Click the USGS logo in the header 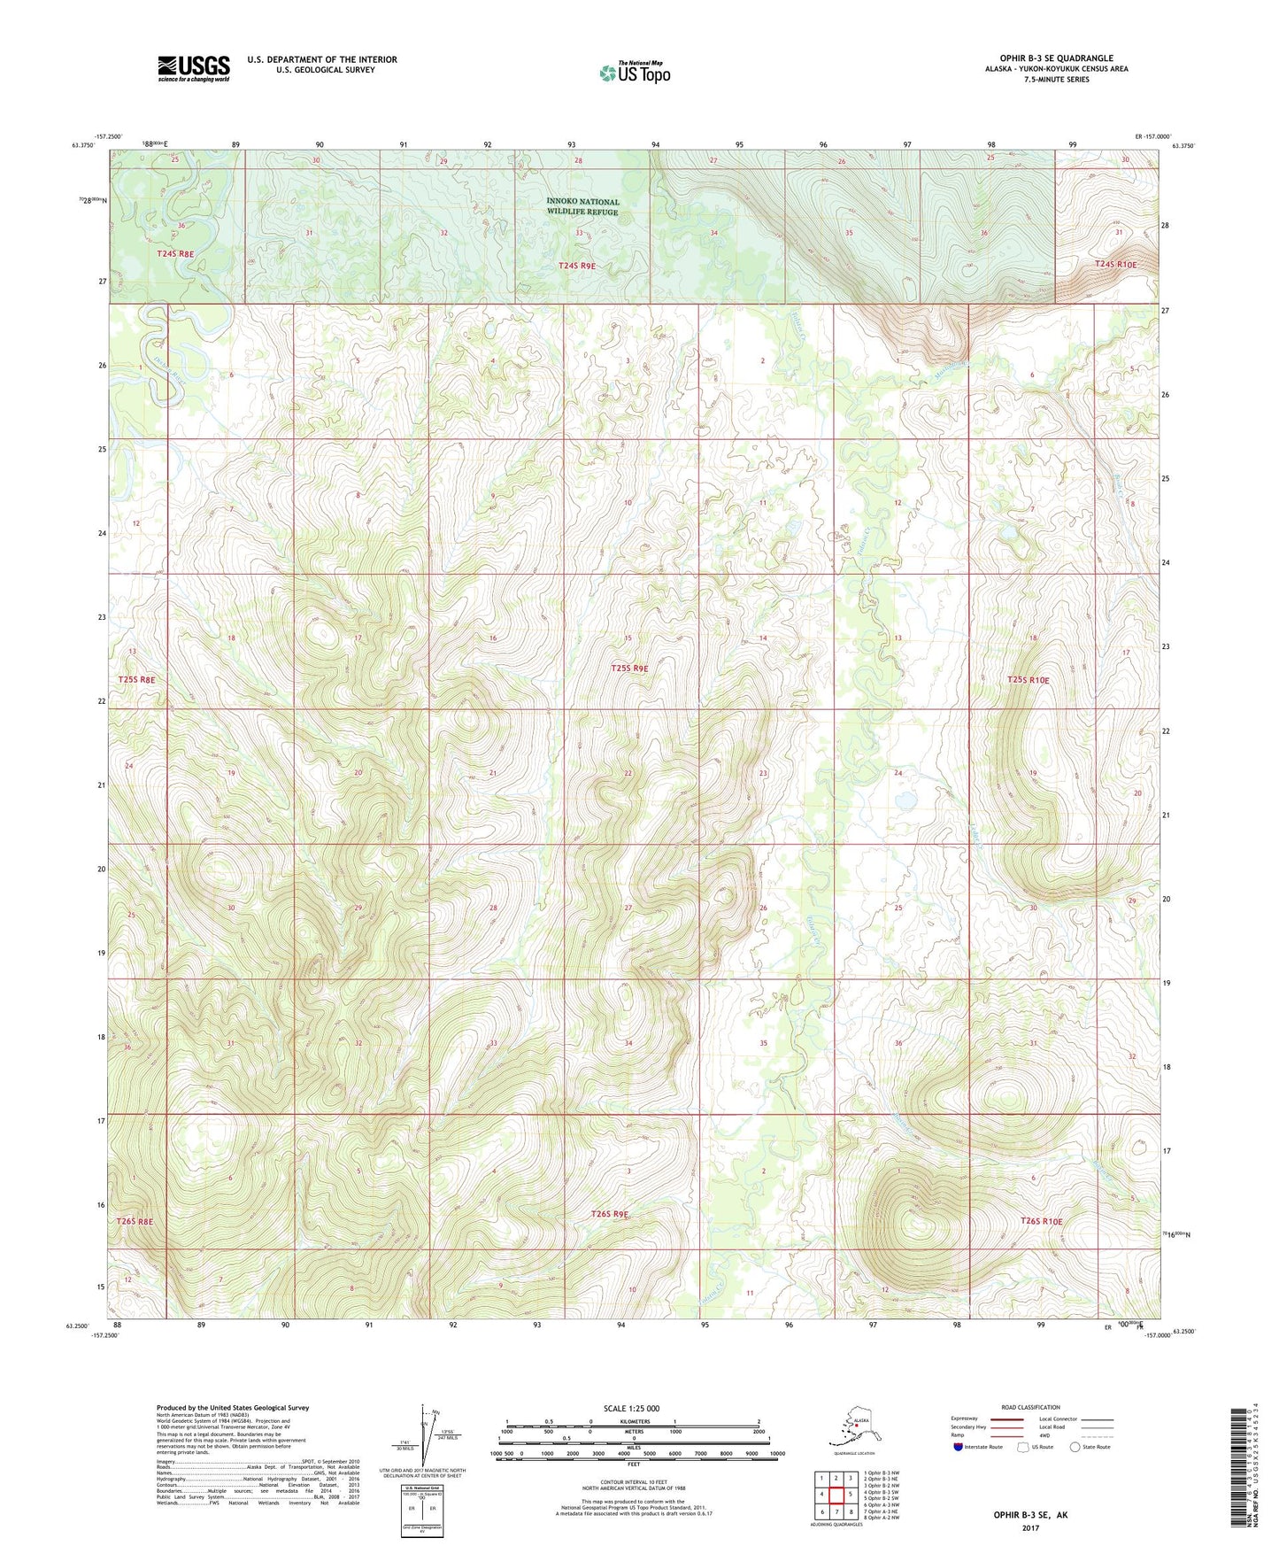point(194,68)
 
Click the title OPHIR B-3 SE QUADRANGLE point(1056,58)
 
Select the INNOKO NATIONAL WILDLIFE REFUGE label point(582,206)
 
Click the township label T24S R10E point(1114,264)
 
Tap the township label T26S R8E point(135,1221)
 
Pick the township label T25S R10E point(1028,680)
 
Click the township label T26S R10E point(1041,1221)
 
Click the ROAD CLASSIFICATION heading point(1030,1407)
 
